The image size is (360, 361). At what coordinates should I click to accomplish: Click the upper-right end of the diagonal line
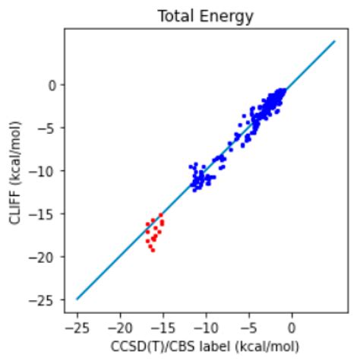coord(335,42)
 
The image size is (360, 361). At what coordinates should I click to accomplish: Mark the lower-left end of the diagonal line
coord(77,299)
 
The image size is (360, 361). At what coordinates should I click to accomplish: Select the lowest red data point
coord(153,250)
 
